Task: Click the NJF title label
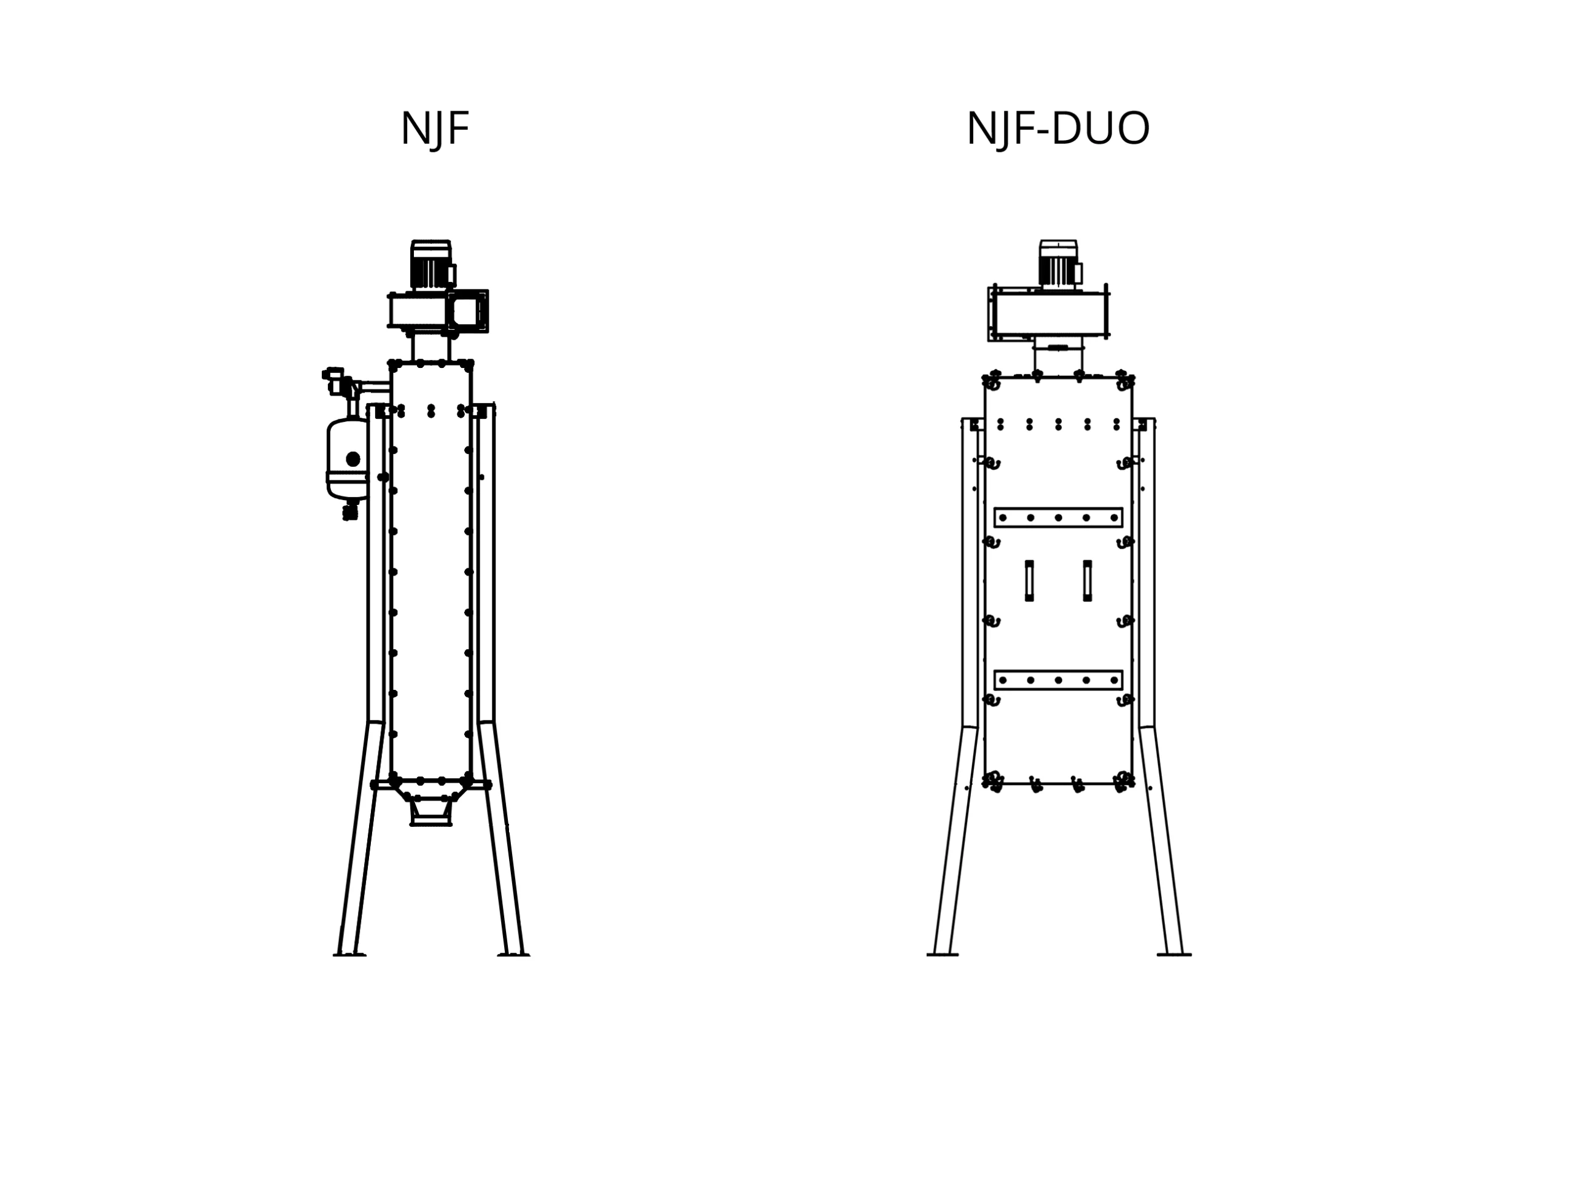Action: click(x=434, y=129)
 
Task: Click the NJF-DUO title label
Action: click(x=1057, y=129)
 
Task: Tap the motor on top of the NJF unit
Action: click(x=431, y=265)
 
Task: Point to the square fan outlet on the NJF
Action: click(x=467, y=311)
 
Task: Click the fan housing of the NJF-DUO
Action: click(x=1048, y=313)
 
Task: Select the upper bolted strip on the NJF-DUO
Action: click(x=1058, y=518)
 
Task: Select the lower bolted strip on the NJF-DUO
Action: click(x=1058, y=680)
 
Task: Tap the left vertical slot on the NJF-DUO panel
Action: click(x=1029, y=581)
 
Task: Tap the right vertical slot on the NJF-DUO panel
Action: click(x=1088, y=581)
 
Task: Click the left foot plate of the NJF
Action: click(x=349, y=955)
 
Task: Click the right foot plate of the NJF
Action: click(x=513, y=955)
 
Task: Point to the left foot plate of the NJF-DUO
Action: click(x=942, y=954)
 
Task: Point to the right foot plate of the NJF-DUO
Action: click(x=1174, y=954)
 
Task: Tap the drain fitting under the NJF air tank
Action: click(x=350, y=510)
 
